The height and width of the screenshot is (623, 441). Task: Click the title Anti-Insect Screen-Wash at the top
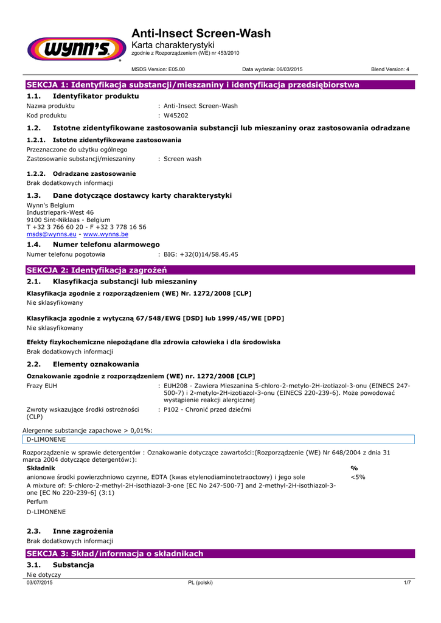tap(201, 33)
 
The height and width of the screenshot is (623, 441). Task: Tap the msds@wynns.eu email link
tap(52, 234)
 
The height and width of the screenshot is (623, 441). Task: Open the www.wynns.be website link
tap(106, 234)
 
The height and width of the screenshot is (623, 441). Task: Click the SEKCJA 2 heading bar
tap(219, 270)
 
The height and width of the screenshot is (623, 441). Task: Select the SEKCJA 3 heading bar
tap(219, 554)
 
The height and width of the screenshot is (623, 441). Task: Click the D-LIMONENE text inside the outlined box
tap(46, 439)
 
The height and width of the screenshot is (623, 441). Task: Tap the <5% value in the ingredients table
tap(358, 477)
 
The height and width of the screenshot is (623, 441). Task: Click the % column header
tap(355, 468)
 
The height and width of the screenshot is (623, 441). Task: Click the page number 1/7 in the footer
tap(408, 582)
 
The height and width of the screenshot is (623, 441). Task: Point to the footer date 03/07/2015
tap(40, 582)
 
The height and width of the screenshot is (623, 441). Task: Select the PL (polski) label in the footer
tap(201, 582)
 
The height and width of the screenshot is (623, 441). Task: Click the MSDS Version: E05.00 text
tap(158, 69)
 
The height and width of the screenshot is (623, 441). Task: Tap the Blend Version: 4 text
tap(390, 69)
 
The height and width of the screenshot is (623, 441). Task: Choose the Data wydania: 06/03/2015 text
tap(272, 69)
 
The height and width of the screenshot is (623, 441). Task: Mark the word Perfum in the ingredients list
tap(37, 502)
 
